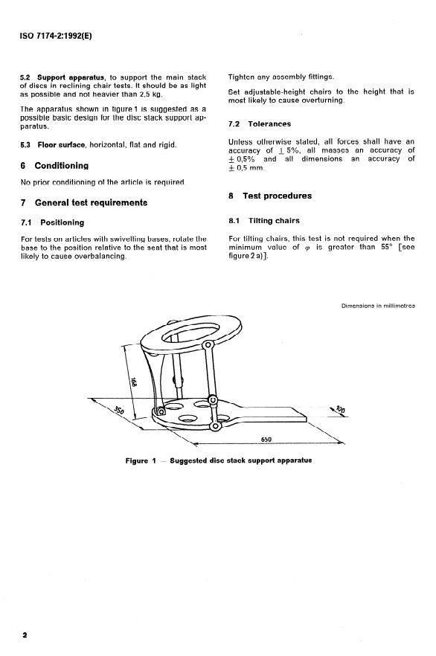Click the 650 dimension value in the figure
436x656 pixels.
pyautogui.click(x=266, y=439)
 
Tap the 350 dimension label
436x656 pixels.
pyautogui.click(x=119, y=411)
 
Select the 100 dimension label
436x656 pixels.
pyautogui.click(x=341, y=410)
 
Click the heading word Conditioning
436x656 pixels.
pyautogui.click(x=62, y=166)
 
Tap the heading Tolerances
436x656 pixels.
pyautogui.click(x=269, y=123)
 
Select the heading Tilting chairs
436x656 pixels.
pyautogui.click(x=274, y=220)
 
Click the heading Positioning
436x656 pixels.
pyautogui.click(x=62, y=222)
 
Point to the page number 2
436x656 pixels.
pyautogui.click(x=25, y=634)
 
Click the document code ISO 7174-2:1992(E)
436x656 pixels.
pyautogui.click(x=56, y=36)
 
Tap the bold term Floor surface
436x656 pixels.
pyautogui.click(x=62, y=145)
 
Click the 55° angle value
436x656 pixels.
pyautogui.click(x=386, y=247)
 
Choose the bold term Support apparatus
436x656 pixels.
pyautogui.click(x=71, y=77)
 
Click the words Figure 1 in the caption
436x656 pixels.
pyautogui.click(x=141, y=460)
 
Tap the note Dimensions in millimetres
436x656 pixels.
pyautogui.click(x=378, y=306)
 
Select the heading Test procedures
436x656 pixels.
pyautogui.click(x=277, y=196)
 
